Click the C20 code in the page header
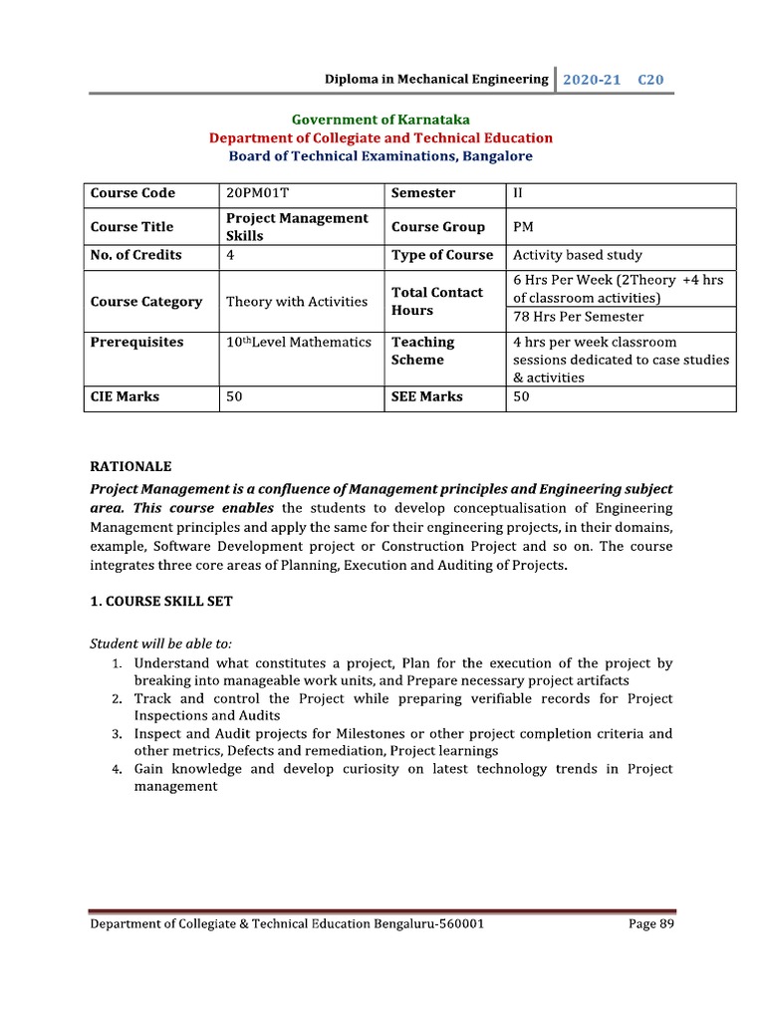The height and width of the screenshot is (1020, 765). click(x=650, y=79)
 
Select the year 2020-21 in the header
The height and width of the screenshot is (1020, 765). click(x=592, y=79)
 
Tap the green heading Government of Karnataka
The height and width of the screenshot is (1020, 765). click(x=381, y=120)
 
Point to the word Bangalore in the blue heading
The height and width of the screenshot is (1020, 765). click(x=496, y=155)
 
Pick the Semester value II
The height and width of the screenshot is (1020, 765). click(x=518, y=193)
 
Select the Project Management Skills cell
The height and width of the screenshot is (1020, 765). click(x=297, y=226)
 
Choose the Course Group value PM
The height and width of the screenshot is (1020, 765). click(x=523, y=226)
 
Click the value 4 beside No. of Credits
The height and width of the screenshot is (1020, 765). click(x=231, y=255)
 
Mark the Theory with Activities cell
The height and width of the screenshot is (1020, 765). click(x=297, y=301)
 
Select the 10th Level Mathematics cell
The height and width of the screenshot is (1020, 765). click(x=298, y=342)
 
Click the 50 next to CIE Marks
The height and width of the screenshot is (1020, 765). click(x=235, y=396)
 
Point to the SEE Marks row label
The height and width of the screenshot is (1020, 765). click(x=426, y=396)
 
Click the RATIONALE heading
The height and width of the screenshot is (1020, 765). click(x=130, y=466)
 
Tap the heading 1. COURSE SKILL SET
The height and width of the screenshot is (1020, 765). click(x=161, y=602)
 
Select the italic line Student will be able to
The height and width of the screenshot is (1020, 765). click(x=160, y=643)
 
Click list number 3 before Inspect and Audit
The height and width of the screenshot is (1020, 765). click(x=117, y=734)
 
